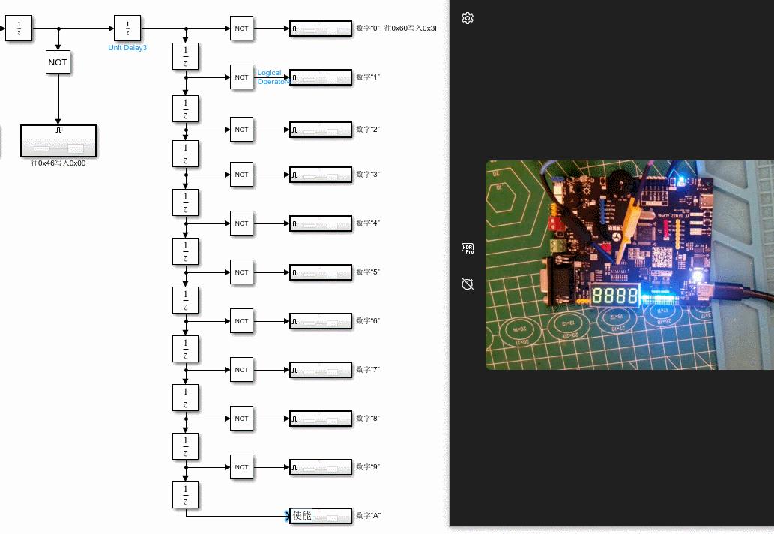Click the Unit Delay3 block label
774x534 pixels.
[x=127, y=47]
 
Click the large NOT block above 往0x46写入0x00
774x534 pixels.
[x=58, y=62]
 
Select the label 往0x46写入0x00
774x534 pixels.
[x=58, y=163]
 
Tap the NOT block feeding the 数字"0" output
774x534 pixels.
[x=241, y=28]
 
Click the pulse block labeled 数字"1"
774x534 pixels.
[x=321, y=77]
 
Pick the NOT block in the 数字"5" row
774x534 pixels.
[x=241, y=272]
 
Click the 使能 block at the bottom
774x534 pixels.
[x=321, y=516]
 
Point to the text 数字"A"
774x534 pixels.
[x=369, y=516]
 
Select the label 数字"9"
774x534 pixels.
[x=369, y=467]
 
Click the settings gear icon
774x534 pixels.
[x=468, y=18]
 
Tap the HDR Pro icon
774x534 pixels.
[x=468, y=248]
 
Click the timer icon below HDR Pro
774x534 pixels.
[x=468, y=283]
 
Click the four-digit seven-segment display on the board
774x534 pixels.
[x=615, y=295]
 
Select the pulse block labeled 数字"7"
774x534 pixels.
[x=321, y=370]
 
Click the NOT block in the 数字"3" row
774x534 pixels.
[x=241, y=175]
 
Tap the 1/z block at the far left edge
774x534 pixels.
[x=19, y=29]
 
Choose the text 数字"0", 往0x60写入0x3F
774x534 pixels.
[x=398, y=28]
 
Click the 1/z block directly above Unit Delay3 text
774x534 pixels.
[x=127, y=29]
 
